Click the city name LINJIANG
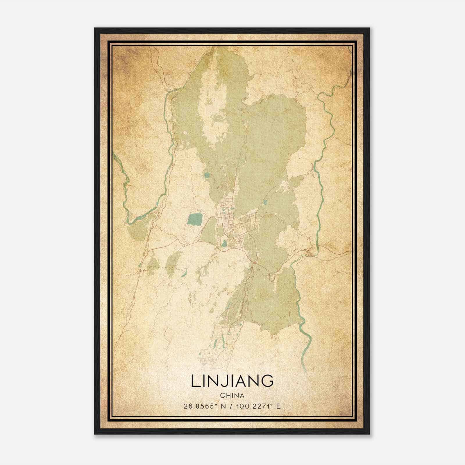tap(232, 381)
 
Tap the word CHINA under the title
tap(232, 396)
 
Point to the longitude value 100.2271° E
tap(258, 406)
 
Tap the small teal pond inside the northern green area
tap(207, 175)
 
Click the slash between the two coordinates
tap(232, 406)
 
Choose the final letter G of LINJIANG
tap(267, 381)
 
